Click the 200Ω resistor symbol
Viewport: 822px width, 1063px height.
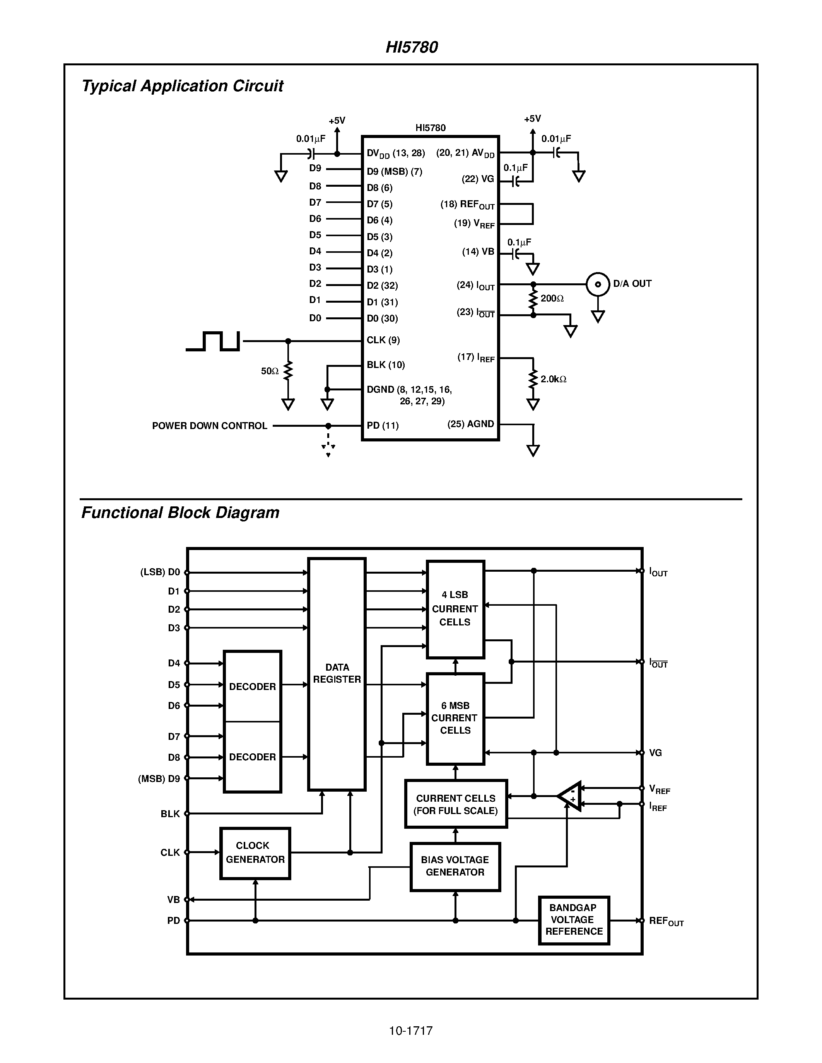(533, 299)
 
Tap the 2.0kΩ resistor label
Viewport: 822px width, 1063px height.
(553, 379)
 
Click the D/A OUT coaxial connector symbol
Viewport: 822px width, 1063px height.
(598, 284)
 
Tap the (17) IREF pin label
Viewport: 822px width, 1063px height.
(476, 358)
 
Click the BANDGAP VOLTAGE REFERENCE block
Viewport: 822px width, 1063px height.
(574, 920)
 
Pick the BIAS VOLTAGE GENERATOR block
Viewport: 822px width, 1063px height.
(455, 866)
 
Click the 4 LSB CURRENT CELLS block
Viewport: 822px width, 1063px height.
(455, 608)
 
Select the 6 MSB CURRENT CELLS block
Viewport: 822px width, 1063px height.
(455, 718)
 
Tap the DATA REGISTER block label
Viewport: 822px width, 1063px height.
(337, 673)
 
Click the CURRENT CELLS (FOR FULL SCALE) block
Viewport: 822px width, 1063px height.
(456, 804)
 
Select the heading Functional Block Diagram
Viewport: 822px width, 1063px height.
(180, 513)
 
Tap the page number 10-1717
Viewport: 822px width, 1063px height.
(410, 1031)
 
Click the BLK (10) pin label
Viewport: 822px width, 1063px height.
(386, 365)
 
